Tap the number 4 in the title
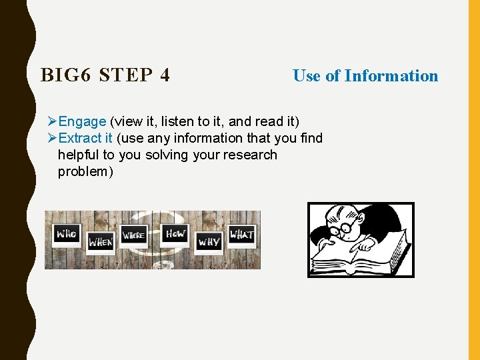click(x=165, y=75)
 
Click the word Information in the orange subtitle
click(x=391, y=76)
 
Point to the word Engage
click(x=82, y=121)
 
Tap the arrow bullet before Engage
click(x=53, y=121)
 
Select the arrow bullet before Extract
click(x=53, y=138)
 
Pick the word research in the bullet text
click(x=251, y=155)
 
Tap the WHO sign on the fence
click(x=67, y=234)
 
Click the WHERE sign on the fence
click(x=133, y=236)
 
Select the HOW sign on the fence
click(x=175, y=234)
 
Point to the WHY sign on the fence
click(x=209, y=242)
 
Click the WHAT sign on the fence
click(x=241, y=235)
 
